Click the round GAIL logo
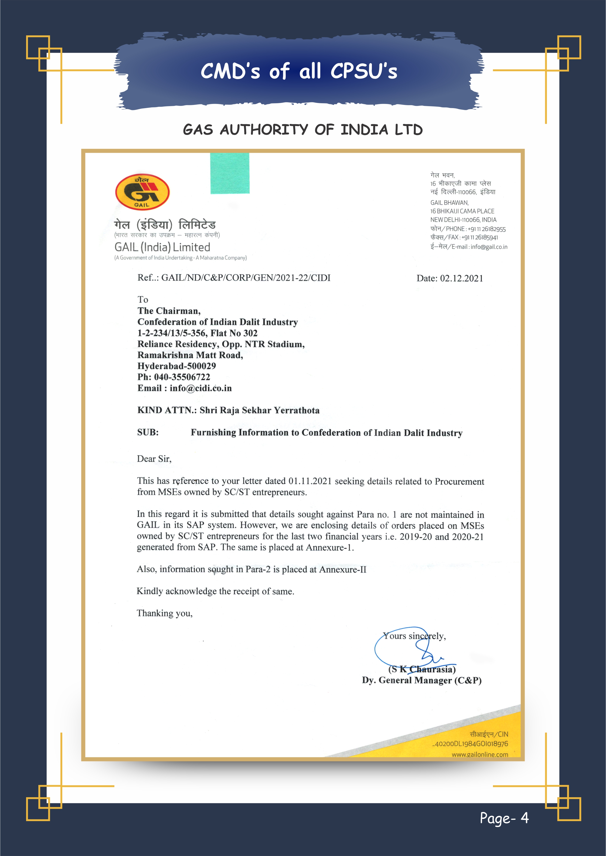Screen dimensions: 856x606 (142, 192)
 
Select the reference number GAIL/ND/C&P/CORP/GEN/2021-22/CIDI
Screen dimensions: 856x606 (246, 278)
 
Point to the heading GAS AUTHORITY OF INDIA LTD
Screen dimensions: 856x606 (303, 130)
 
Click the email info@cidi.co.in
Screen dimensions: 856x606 (200, 388)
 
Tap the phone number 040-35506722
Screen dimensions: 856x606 (182, 377)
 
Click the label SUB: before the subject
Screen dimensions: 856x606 (148, 432)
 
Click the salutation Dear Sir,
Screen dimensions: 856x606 (154, 459)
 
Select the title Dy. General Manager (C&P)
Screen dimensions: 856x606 (422, 680)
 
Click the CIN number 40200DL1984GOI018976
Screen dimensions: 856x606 (471, 744)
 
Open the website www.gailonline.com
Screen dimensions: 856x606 (480, 754)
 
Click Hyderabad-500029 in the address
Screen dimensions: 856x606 (177, 366)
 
